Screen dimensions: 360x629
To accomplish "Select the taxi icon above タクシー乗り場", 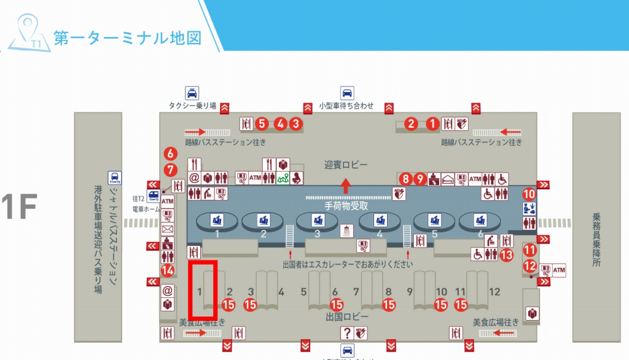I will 192,93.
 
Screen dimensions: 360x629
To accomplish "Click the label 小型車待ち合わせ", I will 346,106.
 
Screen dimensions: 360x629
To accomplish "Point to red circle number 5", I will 262,123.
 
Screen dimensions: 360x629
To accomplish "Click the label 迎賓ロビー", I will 346,165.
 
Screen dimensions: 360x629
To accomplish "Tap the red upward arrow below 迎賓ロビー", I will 347,184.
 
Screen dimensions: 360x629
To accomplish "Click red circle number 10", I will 529,194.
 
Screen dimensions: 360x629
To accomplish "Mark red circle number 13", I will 506,254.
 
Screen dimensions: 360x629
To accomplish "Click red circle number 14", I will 167,270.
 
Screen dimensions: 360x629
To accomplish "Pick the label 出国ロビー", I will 347,316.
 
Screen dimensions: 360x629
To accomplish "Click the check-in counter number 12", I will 494,292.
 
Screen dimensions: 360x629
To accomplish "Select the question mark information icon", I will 348,333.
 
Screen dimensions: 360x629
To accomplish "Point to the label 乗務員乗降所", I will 595,239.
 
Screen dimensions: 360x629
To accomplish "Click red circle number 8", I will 405,179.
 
